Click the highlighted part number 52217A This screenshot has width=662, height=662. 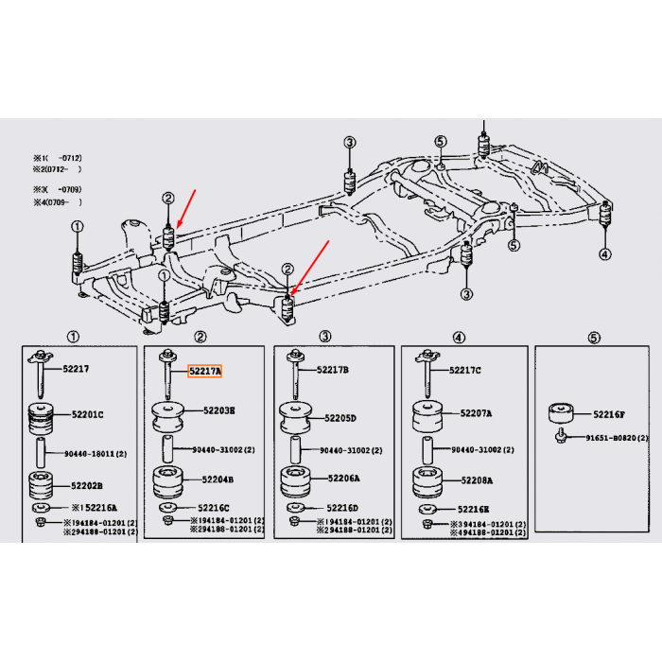coord(204,373)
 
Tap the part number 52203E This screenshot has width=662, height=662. coord(218,410)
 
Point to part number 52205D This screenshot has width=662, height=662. coord(342,417)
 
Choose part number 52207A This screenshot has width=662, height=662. coord(477,413)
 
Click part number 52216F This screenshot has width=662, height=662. coord(610,414)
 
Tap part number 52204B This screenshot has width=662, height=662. coord(218,479)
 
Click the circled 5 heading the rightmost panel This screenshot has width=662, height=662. coord(593,338)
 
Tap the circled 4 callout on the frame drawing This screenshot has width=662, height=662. coord(605,253)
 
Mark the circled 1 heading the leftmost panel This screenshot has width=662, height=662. coord(74,338)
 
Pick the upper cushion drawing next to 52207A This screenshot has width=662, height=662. coord(427,418)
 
